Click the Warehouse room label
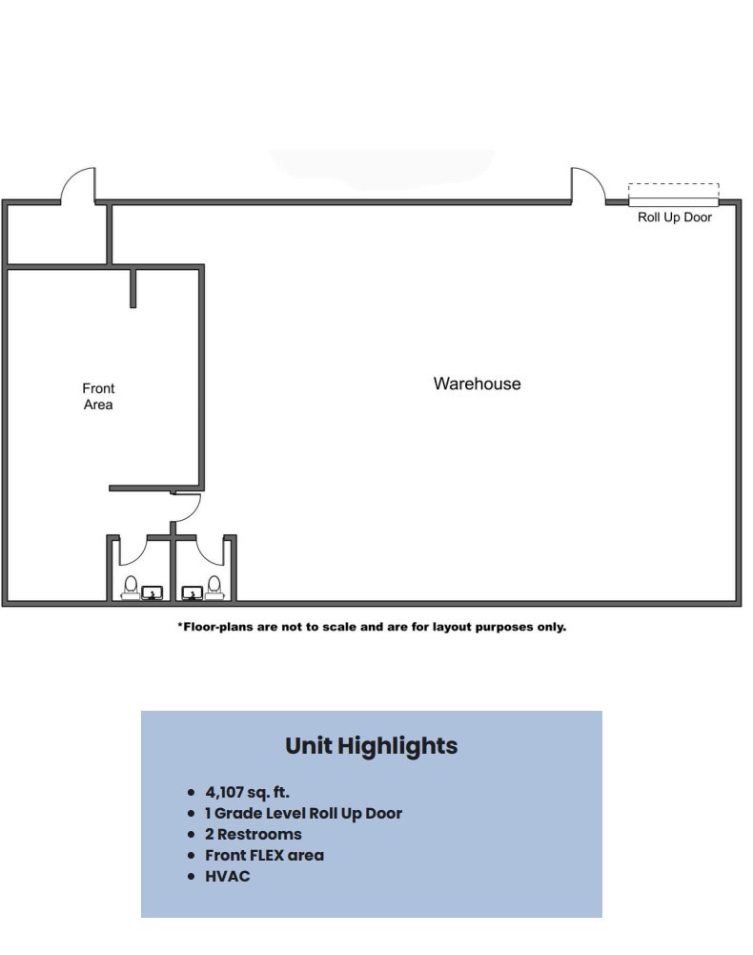point(477,384)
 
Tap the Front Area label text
point(98,396)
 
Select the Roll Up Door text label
point(674,218)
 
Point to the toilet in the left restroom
point(131,585)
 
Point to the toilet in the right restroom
point(214,585)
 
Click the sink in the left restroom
point(152,593)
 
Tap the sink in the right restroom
point(192,593)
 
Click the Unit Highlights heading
point(371,745)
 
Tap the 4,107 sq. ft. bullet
point(247,792)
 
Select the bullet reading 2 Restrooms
point(253,834)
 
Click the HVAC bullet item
point(228,876)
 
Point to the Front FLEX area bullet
point(264,855)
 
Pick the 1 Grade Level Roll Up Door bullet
point(303,813)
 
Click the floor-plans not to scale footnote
point(372,627)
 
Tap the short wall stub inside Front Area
point(132,288)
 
